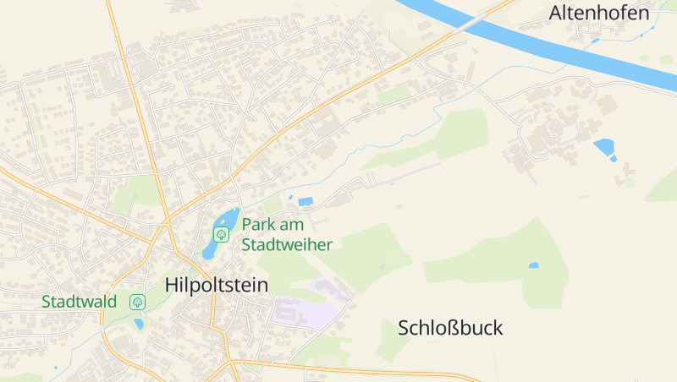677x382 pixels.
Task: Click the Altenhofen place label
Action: coord(599,13)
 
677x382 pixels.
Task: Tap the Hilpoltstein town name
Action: coord(217,285)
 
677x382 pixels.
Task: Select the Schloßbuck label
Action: coord(450,328)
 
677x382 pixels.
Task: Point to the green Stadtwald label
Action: coord(79,301)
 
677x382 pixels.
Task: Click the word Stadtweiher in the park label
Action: coord(287,244)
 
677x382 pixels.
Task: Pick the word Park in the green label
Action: coord(257,225)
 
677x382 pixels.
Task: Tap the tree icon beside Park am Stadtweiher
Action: coord(222,234)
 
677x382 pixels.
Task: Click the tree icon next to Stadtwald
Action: coord(137,301)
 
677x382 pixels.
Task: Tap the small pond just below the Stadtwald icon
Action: coord(139,323)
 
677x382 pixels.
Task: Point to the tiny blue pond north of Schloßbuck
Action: coord(533,265)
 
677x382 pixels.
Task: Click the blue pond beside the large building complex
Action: coord(604,149)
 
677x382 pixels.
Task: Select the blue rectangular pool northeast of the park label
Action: coord(305,201)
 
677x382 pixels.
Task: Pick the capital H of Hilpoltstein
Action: coord(173,285)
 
